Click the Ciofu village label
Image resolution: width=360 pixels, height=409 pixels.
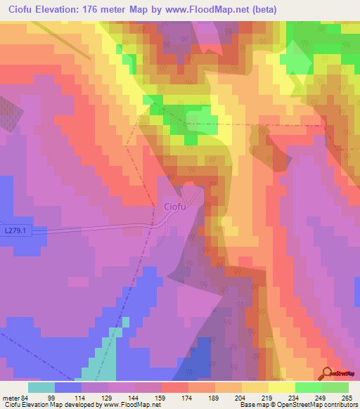tap(175, 207)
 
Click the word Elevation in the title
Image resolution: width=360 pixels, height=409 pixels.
tap(69, 10)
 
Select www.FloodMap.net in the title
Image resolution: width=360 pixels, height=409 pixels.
tap(209, 10)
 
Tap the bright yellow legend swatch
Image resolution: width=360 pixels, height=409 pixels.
tap(282, 387)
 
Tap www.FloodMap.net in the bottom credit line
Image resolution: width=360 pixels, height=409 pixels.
tap(132, 405)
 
